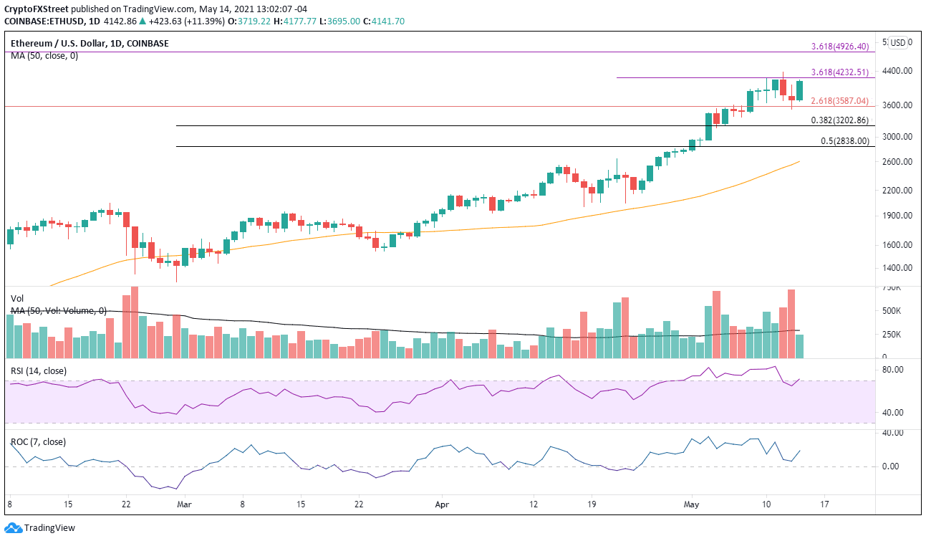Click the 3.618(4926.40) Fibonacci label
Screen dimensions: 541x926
(x=839, y=47)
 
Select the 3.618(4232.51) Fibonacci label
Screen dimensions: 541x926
(x=839, y=72)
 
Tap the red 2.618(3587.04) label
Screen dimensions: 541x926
(x=839, y=101)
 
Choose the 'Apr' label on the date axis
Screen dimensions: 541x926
(x=442, y=504)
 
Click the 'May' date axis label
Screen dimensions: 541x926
(x=690, y=504)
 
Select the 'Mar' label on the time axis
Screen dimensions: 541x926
(x=184, y=504)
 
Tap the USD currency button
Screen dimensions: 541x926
(x=897, y=42)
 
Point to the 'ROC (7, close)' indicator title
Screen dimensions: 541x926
(x=39, y=441)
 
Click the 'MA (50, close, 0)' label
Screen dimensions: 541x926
(x=44, y=55)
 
